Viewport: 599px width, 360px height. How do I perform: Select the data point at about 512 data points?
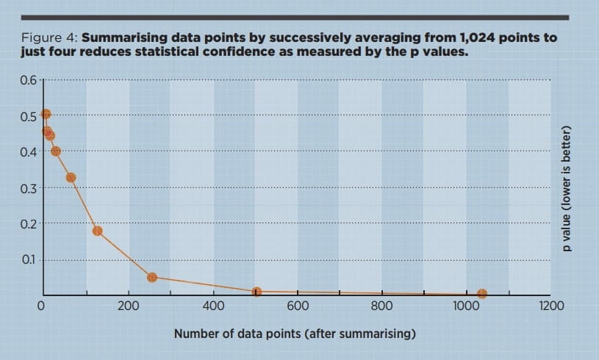click(257, 292)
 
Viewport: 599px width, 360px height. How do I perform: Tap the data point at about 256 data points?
click(152, 277)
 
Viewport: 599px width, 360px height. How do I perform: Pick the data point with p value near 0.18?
click(97, 231)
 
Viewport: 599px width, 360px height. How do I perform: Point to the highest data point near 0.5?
click(46, 114)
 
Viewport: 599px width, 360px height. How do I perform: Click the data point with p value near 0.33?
click(71, 177)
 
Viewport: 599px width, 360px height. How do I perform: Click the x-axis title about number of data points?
click(295, 334)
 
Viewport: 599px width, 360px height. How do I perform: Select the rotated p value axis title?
click(567, 189)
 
